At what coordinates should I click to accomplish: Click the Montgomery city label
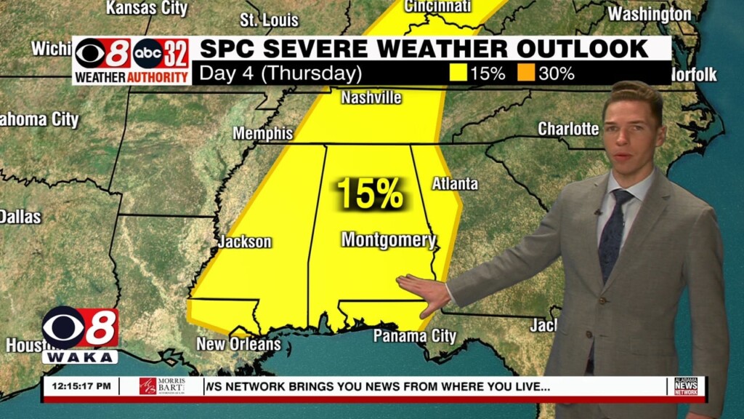pyautogui.click(x=388, y=240)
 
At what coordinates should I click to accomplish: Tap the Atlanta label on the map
pyautogui.click(x=455, y=184)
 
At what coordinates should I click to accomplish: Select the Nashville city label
pyautogui.click(x=371, y=97)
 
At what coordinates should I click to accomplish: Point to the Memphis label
pyautogui.click(x=262, y=134)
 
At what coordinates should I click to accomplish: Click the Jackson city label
pyautogui.click(x=244, y=242)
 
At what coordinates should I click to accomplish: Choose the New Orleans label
pyautogui.click(x=238, y=343)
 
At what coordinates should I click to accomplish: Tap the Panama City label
pyautogui.click(x=414, y=336)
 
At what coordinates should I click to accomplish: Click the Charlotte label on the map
pyautogui.click(x=568, y=129)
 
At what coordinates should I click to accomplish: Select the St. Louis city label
pyautogui.click(x=269, y=20)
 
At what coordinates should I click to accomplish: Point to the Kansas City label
pyautogui.click(x=147, y=9)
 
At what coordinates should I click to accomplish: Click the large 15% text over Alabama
pyautogui.click(x=369, y=194)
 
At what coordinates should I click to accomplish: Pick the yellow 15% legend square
pyautogui.click(x=458, y=73)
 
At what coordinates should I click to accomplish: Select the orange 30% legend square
pyautogui.click(x=527, y=73)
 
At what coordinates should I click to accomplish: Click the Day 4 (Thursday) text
pyautogui.click(x=280, y=74)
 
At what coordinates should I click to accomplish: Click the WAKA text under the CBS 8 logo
pyautogui.click(x=80, y=357)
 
